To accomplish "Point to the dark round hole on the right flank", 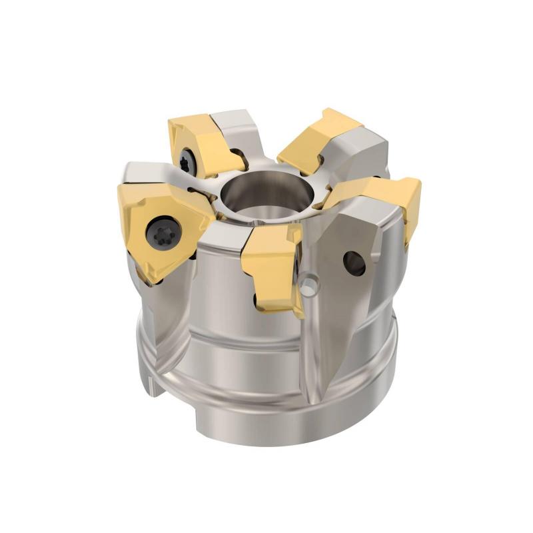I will click(353, 262).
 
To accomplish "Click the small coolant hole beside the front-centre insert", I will click(308, 285).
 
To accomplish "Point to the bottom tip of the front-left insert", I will click(149, 280).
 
